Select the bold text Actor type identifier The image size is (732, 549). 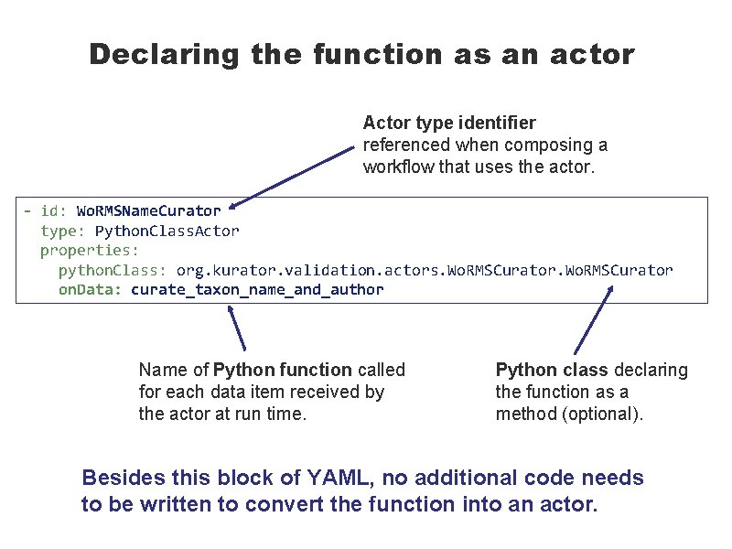click(449, 123)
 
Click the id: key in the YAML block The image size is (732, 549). click(53, 211)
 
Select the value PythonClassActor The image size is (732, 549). click(167, 231)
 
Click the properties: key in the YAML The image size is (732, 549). click(90, 250)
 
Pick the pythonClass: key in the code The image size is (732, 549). click(113, 270)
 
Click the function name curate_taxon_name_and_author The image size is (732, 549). click(257, 290)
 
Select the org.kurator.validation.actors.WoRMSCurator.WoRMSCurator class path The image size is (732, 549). click(425, 270)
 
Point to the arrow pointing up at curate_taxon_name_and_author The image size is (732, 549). click(237, 327)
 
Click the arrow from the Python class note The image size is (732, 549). click(594, 319)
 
